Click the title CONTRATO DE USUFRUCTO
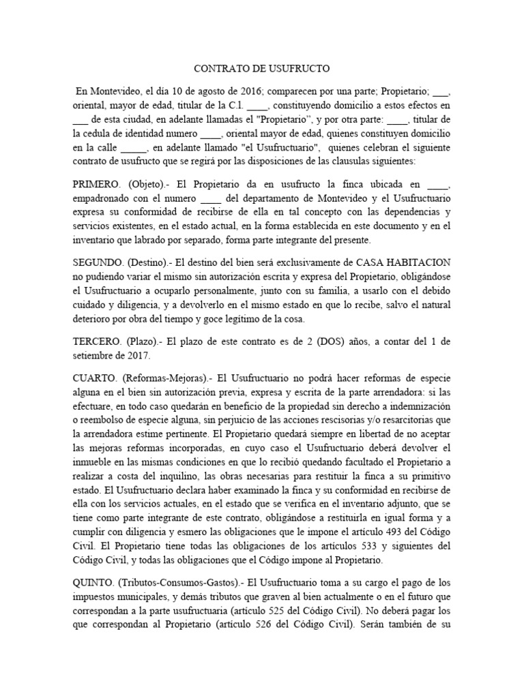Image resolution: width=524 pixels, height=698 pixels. [262, 69]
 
